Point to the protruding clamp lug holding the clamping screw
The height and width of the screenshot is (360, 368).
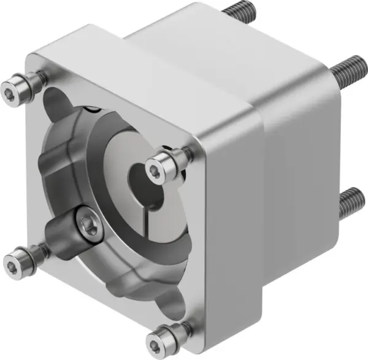pos(71,227)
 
